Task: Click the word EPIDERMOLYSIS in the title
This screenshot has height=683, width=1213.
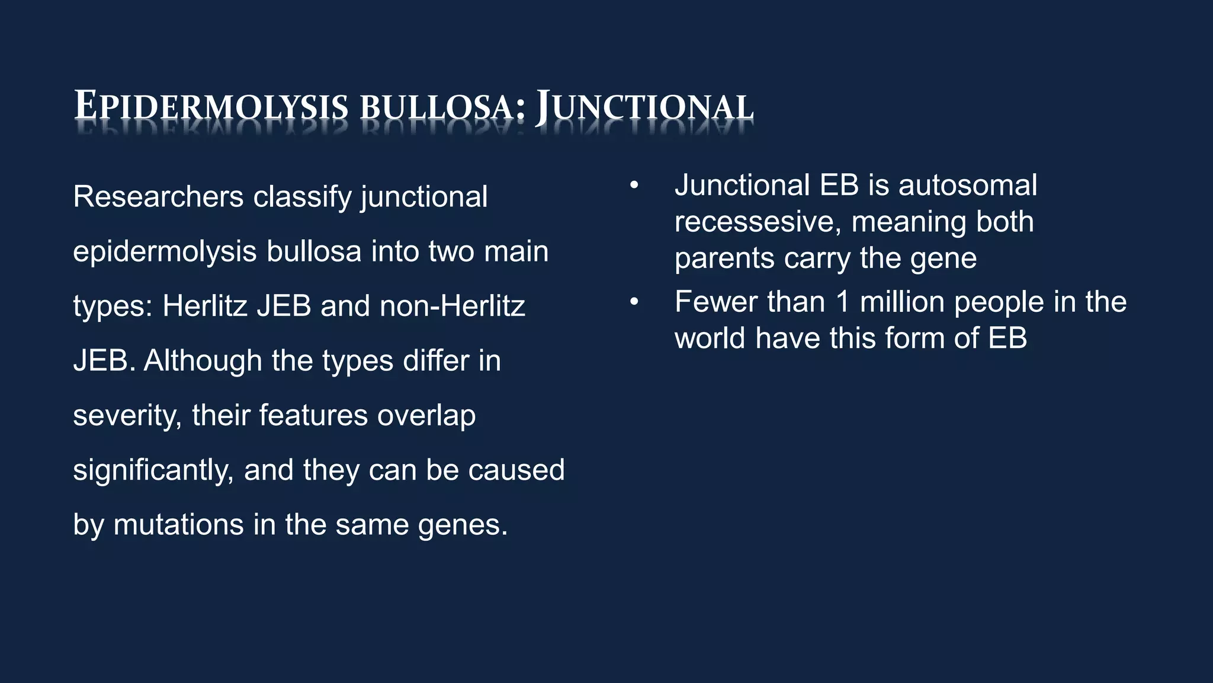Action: (211, 107)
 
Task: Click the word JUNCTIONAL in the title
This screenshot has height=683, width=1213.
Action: (644, 107)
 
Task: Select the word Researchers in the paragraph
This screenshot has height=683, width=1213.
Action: (158, 197)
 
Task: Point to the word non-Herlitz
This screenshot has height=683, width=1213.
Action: (453, 307)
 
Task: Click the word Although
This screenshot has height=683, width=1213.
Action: (203, 361)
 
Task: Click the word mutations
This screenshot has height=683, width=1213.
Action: (178, 525)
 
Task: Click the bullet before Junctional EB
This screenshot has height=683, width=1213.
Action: (634, 186)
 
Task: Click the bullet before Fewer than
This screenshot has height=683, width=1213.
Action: (634, 302)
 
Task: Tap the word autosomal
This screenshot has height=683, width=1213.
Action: (967, 186)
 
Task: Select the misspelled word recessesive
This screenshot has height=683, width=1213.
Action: (758, 222)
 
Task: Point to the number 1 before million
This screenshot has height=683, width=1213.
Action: (842, 302)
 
